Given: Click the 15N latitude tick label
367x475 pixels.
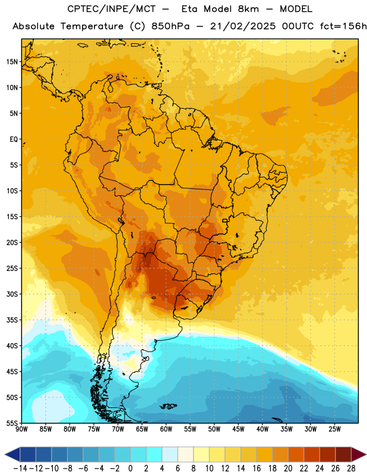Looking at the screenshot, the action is tap(12, 62).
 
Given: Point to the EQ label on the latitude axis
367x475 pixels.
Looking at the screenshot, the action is tap(14, 140).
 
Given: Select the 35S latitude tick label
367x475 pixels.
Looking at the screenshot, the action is tap(12, 320).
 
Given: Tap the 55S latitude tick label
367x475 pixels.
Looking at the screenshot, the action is tap(12, 423).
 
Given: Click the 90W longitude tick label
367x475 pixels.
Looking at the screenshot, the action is tap(21, 429).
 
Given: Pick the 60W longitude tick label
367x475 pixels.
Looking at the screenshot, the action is tap(166, 429).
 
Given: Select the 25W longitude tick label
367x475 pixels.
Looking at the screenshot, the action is tap(334, 429).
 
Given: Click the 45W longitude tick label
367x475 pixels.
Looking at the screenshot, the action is tap(238, 429).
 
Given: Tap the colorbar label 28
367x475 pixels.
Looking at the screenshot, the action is tap(351, 468).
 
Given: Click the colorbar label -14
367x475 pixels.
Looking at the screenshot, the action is tap(20, 468).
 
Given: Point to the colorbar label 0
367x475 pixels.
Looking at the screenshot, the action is tap(131, 468).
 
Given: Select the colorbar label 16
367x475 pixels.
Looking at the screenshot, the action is tap(257, 468).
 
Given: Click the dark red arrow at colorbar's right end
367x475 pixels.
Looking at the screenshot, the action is tap(359, 454).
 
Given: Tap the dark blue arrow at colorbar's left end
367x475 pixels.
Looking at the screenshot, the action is tap(12, 454).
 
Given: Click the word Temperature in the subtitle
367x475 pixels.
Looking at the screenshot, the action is tap(92, 26).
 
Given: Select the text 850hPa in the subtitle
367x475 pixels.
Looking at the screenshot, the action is tap(170, 26).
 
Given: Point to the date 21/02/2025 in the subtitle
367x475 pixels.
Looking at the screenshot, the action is tap(243, 26).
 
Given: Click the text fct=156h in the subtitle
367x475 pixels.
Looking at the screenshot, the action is tap(343, 26).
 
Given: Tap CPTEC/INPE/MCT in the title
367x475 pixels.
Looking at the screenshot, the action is tap(112, 9).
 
